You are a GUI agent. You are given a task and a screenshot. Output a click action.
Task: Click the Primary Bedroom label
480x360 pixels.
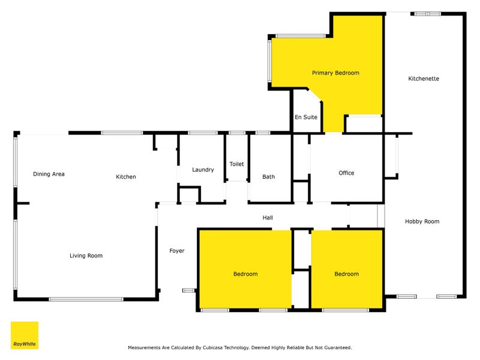click(335, 73)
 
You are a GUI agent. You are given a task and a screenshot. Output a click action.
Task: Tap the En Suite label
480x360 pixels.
click(305, 118)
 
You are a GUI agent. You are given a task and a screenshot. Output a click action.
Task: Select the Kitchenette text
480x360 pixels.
click(424, 79)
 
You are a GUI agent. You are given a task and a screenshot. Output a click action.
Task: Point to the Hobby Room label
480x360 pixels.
click(422, 221)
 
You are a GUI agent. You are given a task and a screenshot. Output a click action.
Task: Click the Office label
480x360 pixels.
click(346, 173)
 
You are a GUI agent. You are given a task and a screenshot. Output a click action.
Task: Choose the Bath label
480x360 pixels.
click(269, 177)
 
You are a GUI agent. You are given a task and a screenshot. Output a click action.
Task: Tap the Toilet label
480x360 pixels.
click(236, 164)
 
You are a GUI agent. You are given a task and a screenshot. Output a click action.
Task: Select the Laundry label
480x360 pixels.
click(203, 170)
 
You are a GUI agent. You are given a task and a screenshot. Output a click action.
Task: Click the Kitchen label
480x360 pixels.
click(126, 177)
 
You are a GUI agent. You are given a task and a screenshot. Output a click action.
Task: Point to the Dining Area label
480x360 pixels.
click(49, 175)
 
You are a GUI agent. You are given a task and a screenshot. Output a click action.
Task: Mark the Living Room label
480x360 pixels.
click(86, 256)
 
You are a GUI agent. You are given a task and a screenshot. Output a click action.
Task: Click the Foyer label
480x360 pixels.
click(177, 251)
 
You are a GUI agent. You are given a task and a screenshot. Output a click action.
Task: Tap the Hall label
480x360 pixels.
click(268, 218)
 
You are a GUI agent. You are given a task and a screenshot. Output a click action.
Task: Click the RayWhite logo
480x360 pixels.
click(25, 335)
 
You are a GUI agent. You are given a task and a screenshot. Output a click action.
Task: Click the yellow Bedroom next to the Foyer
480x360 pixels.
click(245, 274)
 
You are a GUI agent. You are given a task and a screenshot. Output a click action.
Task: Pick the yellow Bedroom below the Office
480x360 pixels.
click(346, 274)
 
